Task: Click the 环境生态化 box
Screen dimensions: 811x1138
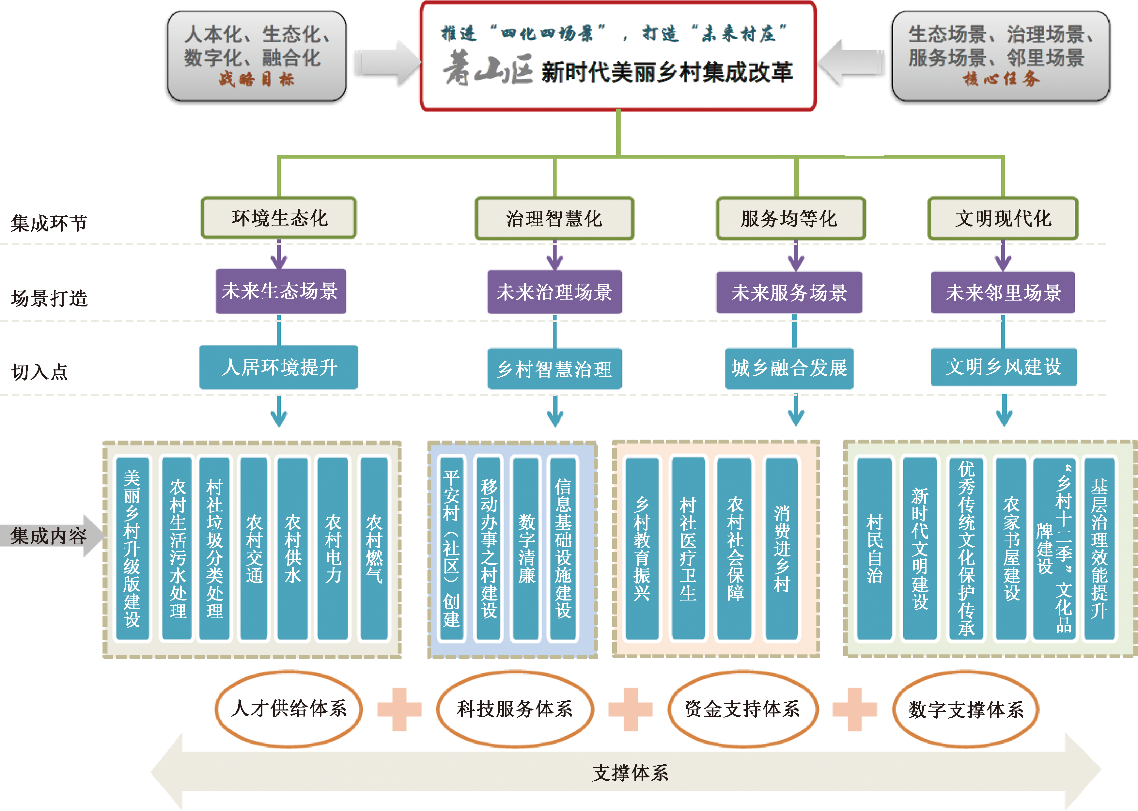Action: pos(279,218)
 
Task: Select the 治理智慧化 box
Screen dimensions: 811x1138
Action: pos(554,219)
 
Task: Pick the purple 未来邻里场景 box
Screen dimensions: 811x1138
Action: pos(1003,293)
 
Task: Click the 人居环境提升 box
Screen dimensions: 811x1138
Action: pos(279,367)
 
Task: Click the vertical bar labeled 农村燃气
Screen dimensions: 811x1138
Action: pos(374,548)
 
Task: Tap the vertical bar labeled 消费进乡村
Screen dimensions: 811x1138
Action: pos(782,548)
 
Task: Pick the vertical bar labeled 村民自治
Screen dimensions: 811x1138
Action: pos(874,548)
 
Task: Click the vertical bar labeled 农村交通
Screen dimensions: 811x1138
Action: pos(254,548)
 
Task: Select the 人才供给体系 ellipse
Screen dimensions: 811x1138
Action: pos(288,709)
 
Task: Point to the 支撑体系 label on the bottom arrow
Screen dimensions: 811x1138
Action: pos(630,772)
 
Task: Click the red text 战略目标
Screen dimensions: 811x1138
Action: pos(257,79)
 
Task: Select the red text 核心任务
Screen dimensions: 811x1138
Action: pos(1001,79)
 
